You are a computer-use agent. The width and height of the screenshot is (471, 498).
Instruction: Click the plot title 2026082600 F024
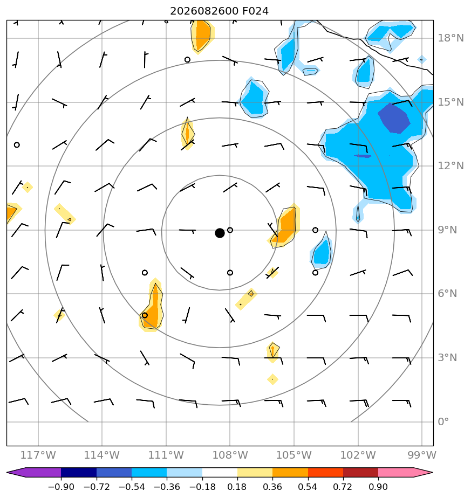point(219,11)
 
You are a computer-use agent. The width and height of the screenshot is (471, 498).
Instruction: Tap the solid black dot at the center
point(220,233)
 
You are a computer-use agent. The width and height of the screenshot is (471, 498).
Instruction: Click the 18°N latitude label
point(450,38)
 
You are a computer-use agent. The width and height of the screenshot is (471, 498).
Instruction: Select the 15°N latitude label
point(450,102)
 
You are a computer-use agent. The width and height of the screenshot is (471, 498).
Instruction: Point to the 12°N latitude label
point(450,166)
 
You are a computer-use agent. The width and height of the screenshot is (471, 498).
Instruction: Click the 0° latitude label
point(443,422)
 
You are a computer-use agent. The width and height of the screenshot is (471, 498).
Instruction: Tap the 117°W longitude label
point(38,455)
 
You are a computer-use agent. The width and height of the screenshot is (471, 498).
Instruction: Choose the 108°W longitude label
point(230,455)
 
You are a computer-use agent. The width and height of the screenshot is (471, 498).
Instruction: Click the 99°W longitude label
point(422,455)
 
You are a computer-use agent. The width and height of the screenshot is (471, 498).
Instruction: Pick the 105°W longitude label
point(294,455)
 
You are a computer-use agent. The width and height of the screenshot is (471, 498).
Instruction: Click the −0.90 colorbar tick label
point(61,487)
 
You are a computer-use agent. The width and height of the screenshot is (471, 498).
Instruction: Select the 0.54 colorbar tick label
point(308,487)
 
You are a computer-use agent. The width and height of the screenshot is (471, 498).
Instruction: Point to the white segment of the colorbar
point(220,472)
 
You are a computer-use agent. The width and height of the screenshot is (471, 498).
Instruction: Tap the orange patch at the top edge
point(202,35)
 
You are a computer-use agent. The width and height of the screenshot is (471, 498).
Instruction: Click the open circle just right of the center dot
point(230,230)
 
